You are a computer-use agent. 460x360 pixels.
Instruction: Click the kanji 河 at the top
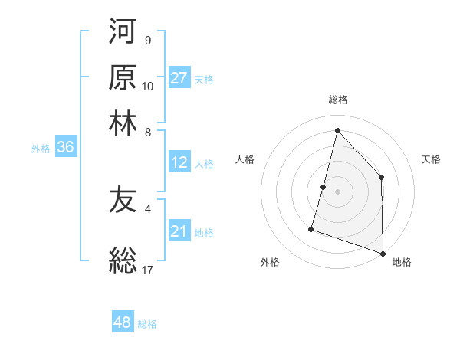[x=123, y=31]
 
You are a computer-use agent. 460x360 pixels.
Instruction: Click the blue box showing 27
[x=179, y=78]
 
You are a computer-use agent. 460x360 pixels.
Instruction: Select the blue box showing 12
[x=179, y=162]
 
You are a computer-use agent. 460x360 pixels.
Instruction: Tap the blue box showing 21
[x=179, y=231]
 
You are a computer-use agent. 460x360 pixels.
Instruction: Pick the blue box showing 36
[x=65, y=149]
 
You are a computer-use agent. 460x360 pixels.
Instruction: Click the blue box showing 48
[x=123, y=322]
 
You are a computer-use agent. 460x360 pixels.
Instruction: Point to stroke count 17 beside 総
[x=148, y=270]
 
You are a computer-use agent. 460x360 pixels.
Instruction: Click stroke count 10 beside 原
[x=148, y=86]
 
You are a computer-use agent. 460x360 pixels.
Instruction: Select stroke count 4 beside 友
[x=148, y=208]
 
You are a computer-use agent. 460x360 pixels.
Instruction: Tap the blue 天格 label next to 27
[x=204, y=79]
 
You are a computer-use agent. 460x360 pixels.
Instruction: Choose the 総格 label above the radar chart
[x=337, y=100]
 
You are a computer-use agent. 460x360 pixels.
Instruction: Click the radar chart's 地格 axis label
[x=402, y=262]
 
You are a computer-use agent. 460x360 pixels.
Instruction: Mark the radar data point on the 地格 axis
[x=383, y=252]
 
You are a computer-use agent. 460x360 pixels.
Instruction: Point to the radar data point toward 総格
[x=337, y=129]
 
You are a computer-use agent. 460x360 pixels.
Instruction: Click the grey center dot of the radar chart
[x=337, y=191]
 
